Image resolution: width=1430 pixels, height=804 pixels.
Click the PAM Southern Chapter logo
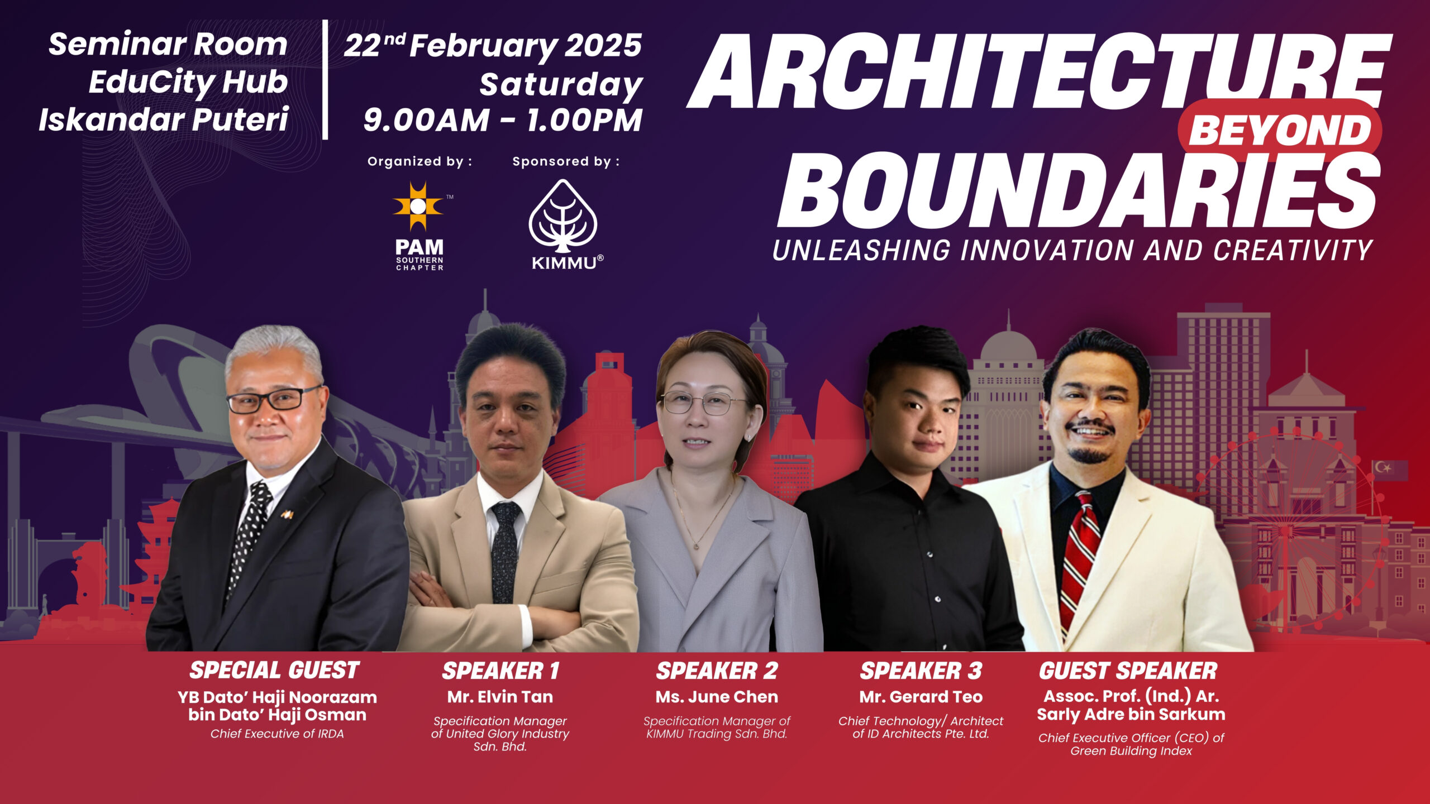pos(419,226)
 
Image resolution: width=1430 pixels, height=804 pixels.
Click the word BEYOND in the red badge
pos(1280,131)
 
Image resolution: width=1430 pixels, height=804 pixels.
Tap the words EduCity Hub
pos(188,83)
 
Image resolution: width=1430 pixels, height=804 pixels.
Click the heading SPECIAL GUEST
pos(274,670)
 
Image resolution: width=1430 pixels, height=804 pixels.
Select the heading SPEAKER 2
pos(717,671)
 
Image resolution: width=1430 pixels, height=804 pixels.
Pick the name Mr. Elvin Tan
pos(500,697)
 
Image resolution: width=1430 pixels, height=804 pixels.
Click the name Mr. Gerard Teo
pos(921,697)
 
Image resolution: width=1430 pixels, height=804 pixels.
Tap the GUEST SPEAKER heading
pos(1128,671)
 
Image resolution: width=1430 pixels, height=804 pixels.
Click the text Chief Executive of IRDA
pos(277,734)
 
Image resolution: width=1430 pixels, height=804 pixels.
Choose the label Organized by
pos(420,161)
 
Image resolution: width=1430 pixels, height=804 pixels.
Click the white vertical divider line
pos(325,79)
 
